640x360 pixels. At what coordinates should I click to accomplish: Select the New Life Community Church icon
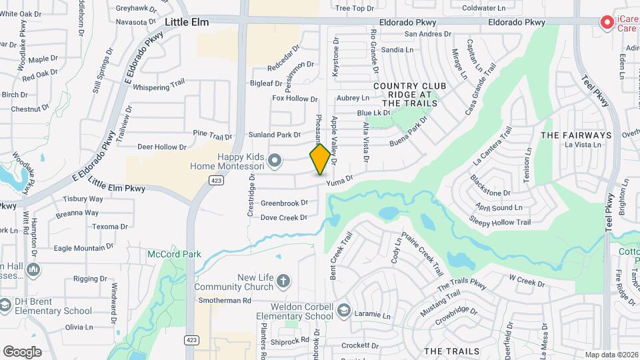point(283,280)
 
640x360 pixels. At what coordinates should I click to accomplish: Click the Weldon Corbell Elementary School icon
point(343,311)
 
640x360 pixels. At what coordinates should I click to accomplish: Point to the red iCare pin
point(607,23)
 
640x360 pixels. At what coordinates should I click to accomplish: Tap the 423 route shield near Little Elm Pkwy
point(215,180)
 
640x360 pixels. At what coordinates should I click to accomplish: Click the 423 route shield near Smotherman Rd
point(191,340)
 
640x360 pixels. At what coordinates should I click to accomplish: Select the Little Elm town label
point(187,22)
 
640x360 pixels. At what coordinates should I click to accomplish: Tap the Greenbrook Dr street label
point(284,203)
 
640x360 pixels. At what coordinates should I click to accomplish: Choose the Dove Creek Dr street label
point(283,217)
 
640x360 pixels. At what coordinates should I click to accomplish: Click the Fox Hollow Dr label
point(295,99)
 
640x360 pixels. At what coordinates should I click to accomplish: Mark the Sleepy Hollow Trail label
point(500,222)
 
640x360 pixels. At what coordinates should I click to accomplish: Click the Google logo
point(22,351)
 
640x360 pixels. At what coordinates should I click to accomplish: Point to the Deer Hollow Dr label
point(161,147)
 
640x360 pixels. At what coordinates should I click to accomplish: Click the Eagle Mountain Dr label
point(84,248)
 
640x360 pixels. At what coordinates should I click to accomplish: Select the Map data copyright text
point(611,355)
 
